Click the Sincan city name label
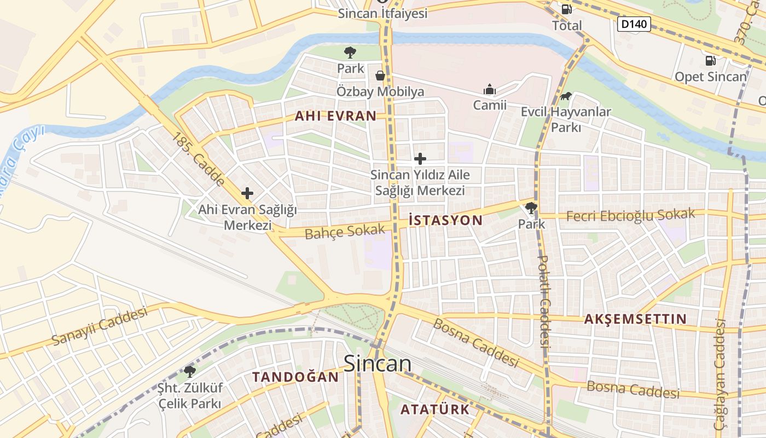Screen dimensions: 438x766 (378, 364)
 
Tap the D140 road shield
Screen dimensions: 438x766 (634, 24)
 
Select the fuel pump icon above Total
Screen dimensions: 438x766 (567, 9)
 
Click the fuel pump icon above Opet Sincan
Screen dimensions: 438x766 (710, 61)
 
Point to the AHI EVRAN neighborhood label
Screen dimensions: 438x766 (335, 116)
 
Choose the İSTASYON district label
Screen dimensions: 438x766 (445, 221)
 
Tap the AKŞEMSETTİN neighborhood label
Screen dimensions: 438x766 (635, 319)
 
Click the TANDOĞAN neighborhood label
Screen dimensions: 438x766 (295, 377)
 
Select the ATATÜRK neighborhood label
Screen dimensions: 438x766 (435, 409)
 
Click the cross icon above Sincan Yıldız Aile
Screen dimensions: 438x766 (420, 159)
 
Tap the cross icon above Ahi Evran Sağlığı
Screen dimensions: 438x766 (247, 193)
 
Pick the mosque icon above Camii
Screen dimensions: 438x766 (489, 89)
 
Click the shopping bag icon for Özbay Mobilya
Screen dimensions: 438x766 (380, 76)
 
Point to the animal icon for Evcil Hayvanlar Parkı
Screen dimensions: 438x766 (566, 96)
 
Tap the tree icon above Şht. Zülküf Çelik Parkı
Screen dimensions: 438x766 (190, 372)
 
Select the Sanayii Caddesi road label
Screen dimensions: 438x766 (100, 326)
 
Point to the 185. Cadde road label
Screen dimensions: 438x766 (198, 159)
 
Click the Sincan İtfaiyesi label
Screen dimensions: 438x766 (382, 14)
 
